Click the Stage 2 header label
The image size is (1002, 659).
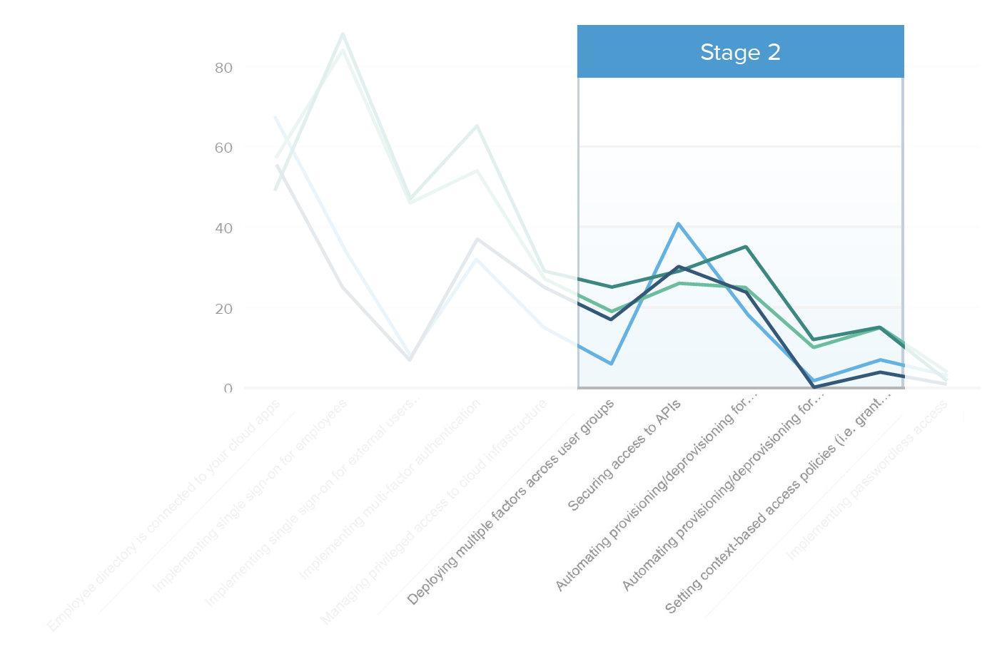740,52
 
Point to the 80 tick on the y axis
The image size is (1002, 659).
223,68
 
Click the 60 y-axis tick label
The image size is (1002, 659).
223,148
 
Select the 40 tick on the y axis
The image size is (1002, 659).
223,228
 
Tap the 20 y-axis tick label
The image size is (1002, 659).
223,309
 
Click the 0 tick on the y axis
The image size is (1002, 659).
228,389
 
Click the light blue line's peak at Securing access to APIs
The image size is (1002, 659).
679,224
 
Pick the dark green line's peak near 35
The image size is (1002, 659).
746,247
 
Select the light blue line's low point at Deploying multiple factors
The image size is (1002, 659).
612,364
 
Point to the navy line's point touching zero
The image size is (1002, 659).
814,387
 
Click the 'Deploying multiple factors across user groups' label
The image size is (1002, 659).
510,503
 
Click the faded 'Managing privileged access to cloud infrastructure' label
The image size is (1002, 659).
434,512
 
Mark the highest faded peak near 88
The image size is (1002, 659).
343,34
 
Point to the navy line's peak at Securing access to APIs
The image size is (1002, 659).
679,267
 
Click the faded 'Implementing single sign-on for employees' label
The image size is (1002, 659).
249,496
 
